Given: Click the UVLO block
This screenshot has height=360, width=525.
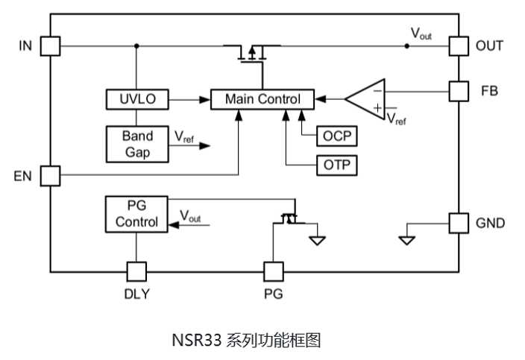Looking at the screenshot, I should tap(137, 98).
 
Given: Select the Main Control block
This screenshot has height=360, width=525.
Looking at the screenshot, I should tap(262, 98).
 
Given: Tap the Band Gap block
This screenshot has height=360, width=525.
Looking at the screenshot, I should tap(137, 142).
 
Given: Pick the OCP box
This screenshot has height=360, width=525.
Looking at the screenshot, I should tap(337, 136).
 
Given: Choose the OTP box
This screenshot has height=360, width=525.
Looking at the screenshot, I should tap(337, 165).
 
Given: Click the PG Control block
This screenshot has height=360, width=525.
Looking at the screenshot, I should tap(136, 213).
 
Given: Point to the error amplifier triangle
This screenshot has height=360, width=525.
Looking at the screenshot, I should tap(369, 98).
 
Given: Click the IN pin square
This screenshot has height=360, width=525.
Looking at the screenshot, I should tap(49, 46).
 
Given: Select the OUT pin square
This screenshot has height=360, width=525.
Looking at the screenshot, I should tap(457, 46).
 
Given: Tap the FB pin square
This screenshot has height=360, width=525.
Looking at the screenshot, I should tap(457, 91).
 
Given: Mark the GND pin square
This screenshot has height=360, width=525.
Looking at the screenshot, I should tap(457, 222).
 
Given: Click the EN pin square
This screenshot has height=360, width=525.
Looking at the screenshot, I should tap(49, 176).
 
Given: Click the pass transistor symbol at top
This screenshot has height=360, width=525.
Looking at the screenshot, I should tap(254, 52).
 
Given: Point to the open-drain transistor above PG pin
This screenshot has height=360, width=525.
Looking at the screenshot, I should tap(289, 218).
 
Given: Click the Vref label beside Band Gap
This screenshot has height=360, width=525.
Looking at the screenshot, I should tap(183, 136).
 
